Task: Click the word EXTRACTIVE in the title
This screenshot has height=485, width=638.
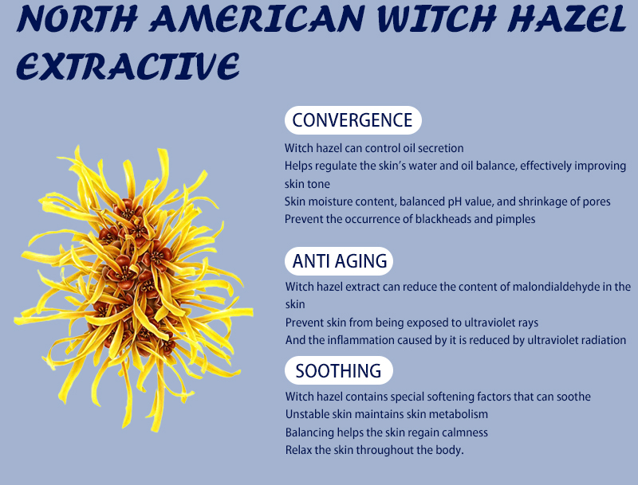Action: point(128,66)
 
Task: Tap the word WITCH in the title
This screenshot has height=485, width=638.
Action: point(436,18)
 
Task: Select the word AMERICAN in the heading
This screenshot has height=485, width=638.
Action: point(258,18)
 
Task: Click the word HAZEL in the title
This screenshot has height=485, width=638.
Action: point(567,18)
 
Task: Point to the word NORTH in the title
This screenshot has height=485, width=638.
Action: point(77,18)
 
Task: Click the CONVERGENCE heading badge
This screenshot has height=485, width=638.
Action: point(352,120)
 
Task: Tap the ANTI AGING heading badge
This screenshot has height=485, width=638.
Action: point(339,261)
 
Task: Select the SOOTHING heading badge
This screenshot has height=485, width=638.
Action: point(338,370)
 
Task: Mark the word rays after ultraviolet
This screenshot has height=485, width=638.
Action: point(528,323)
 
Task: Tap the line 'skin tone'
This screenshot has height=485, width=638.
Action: point(307,184)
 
